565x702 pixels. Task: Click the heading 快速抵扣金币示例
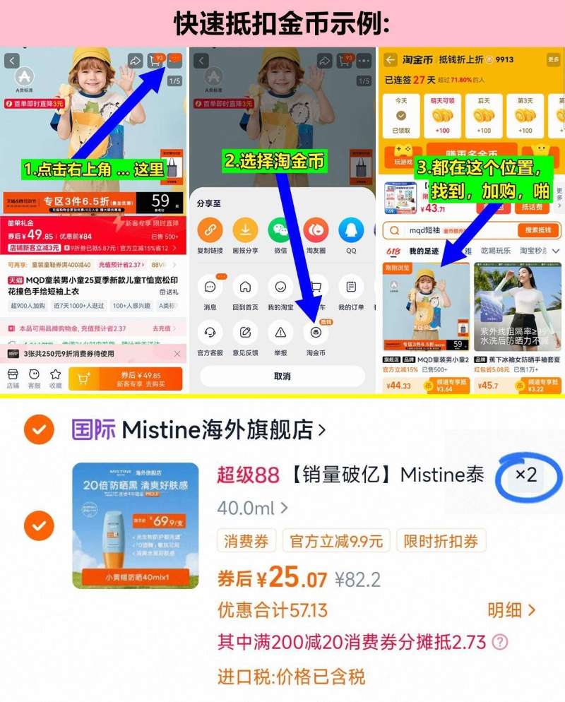pyautogui.click(x=282, y=23)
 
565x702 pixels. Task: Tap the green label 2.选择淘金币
pyautogui.click(x=275, y=161)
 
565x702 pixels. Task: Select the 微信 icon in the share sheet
pyautogui.click(x=280, y=230)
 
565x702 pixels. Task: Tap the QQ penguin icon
pyautogui.click(x=351, y=230)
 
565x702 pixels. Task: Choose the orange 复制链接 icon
pyautogui.click(x=210, y=230)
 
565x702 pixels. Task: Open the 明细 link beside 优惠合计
pyautogui.click(x=511, y=609)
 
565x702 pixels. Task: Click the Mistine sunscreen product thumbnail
pyautogui.click(x=136, y=525)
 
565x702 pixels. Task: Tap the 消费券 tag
pyautogui.click(x=246, y=542)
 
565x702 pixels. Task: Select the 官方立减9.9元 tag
pyautogui.click(x=337, y=542)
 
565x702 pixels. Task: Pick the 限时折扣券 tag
pyautogui.click(x=441, y=542)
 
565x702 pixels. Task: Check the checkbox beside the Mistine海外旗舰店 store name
pyautogui.click(x=40, y=429)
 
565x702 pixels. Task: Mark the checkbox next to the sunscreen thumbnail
pyautogui.click(x=40, y=525)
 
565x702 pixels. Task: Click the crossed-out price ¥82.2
pyautogui.click(x=357, y=580)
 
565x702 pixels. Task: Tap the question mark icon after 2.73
pyautogui.click(x=500, y=642)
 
